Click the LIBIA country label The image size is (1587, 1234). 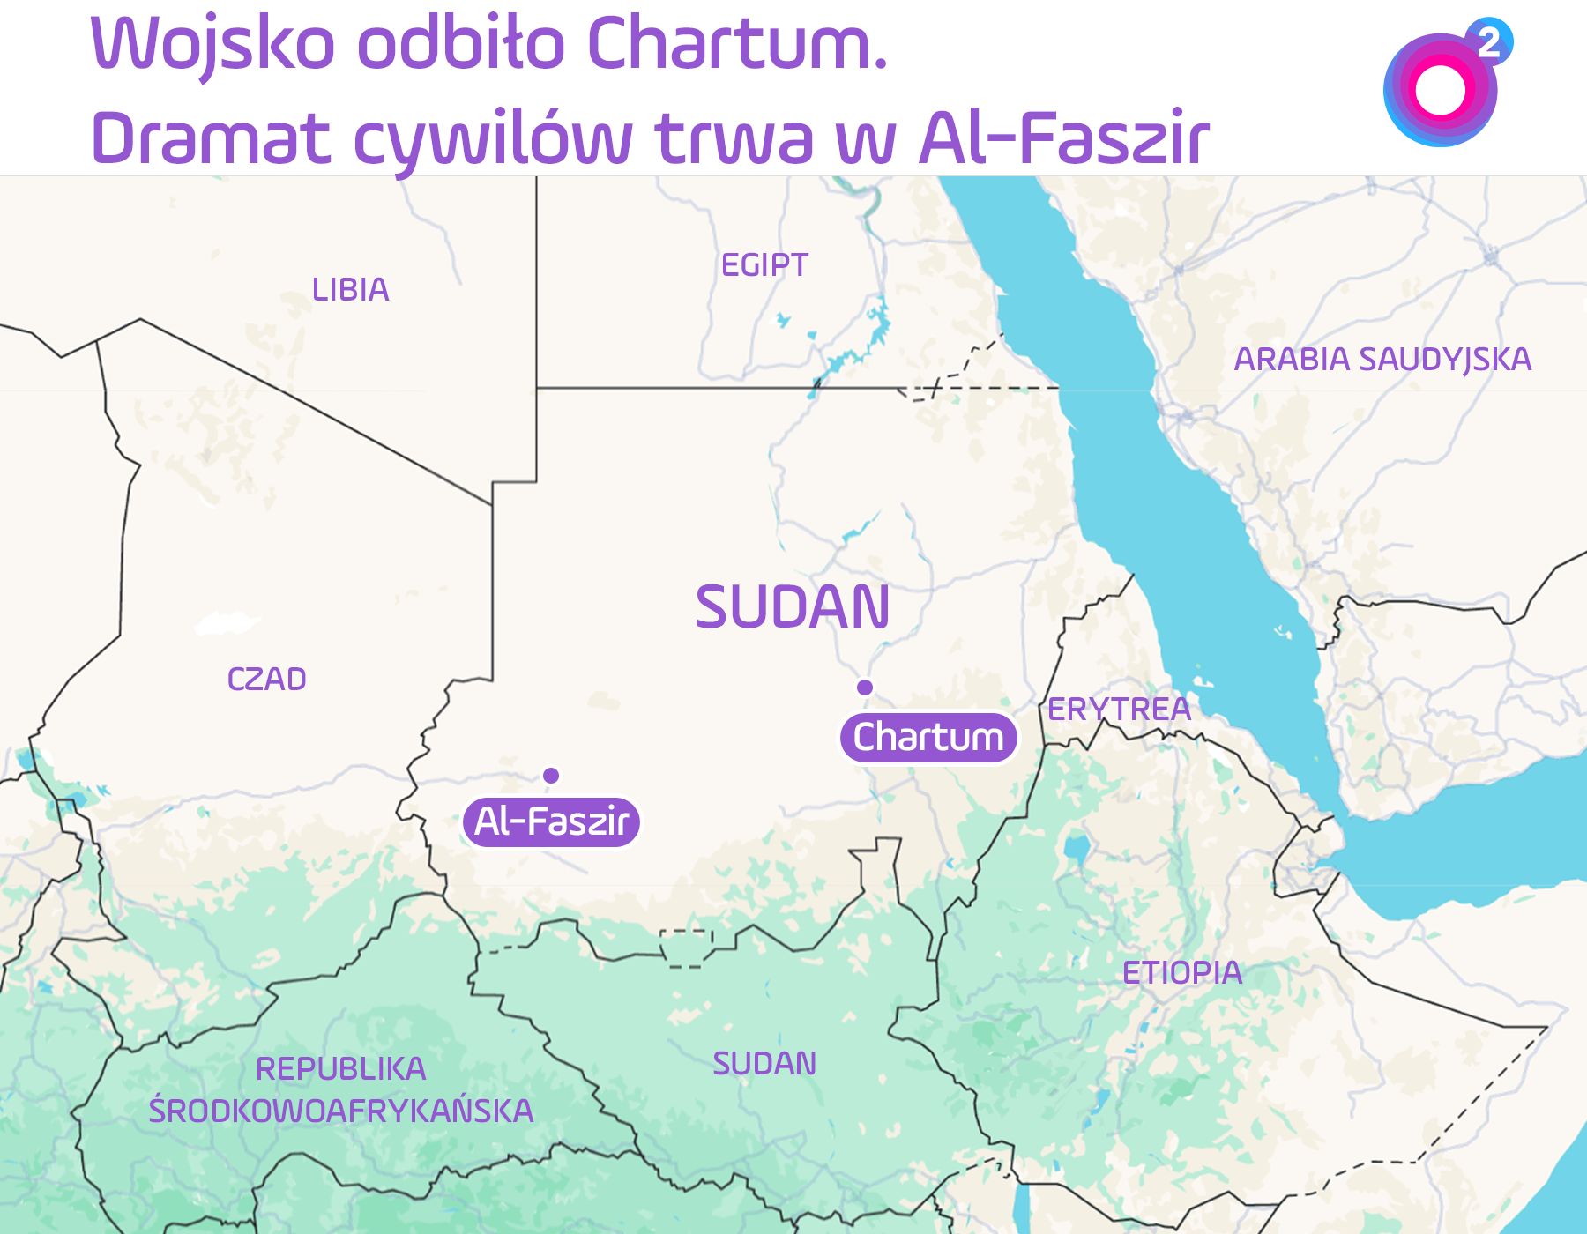click(350, 290)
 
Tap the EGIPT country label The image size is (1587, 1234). click(764, 265)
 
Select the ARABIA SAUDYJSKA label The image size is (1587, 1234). click(1382, 360)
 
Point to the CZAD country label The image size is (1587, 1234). click(266, 680)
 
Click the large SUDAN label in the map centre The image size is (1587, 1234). click(792, 607)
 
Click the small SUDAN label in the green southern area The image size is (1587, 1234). click(764, 1064)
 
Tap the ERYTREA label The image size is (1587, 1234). click(1119, 710)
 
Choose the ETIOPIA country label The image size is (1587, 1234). click(1181, 973)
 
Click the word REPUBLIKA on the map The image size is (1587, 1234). click(340, 1069)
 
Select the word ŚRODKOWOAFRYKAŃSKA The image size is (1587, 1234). click(340, 1111)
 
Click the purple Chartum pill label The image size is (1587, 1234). click(928, 737)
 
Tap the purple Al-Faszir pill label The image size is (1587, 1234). click(551, 821)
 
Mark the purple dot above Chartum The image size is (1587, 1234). click(865, 688)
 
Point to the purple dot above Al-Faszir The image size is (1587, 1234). click(551, 776)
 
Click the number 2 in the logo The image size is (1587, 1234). click(1489, 42)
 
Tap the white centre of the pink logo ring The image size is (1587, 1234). click(1440, 91)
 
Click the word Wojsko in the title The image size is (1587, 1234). click(212, 44)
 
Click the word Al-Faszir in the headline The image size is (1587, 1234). click(1063, 139)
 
